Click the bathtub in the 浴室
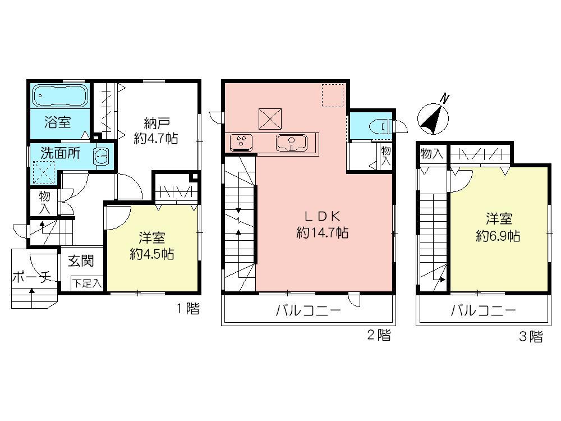59,96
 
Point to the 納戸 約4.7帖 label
156,131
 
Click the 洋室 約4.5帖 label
151,246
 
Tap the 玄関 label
81,261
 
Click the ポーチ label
31,277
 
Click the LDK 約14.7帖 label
322,225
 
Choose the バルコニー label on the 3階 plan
483,311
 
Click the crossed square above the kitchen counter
270,118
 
